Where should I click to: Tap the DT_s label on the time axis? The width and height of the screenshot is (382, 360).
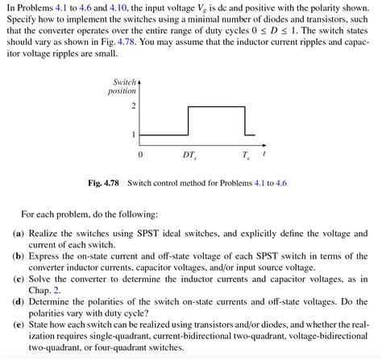click(x=189, y=153)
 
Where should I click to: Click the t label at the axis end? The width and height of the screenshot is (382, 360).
click(x=264, y=152)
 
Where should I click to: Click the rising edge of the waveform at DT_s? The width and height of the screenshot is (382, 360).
click(x=189, y=121)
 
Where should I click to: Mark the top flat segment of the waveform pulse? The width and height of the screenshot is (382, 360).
click(x=216, y=106)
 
